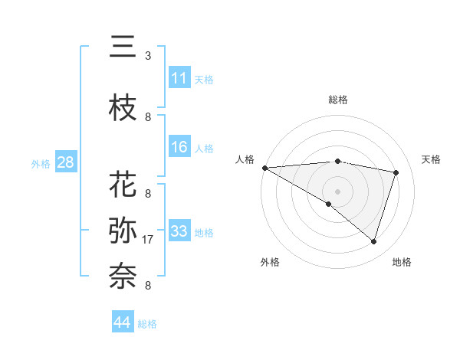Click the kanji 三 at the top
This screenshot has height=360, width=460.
[123, 47]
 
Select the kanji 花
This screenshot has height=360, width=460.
[123, 185]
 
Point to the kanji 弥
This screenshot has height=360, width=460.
[123, 231]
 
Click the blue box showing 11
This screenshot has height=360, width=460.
[179, 78]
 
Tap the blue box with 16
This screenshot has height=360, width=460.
[179, 148]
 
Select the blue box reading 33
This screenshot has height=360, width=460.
[179, 231]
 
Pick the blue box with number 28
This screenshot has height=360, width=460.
[65, 162]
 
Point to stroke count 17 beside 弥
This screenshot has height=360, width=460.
[148, 240]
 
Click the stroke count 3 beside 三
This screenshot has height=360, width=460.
[148, 56]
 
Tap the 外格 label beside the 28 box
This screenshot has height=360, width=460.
[41, 163]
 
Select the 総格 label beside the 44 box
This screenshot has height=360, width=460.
[147, 324]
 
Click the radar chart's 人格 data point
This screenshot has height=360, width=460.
[264, 168]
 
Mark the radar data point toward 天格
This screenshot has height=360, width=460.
[396, 172]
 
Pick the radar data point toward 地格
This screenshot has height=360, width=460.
[373, 241]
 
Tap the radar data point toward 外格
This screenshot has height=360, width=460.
[329, 204]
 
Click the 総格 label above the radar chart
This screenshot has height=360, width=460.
[337, 100]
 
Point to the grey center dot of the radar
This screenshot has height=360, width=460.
[337, 191]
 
